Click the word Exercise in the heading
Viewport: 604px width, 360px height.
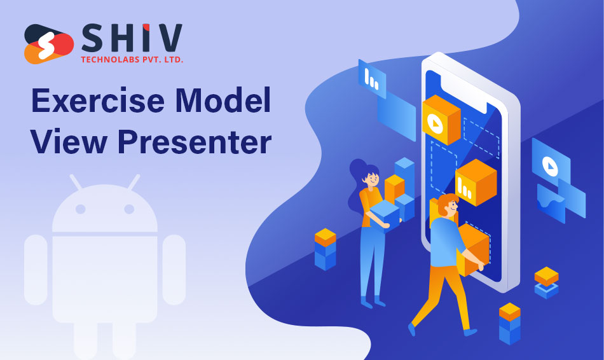point(98,100)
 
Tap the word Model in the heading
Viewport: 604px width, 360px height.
point(223,100)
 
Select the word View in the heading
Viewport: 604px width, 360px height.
point(69,141)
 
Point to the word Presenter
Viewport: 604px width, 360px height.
point(195,142)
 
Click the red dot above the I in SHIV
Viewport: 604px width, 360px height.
point(146,27)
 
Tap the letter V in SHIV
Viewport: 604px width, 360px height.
point(168,38)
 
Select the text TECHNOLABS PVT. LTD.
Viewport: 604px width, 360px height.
point(132,60)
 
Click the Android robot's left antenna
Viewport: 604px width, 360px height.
point(76,183)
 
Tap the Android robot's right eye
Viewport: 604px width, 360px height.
point(129,209)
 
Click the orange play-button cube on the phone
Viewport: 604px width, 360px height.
point(441,120)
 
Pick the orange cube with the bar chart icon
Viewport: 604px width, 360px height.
point(476,183)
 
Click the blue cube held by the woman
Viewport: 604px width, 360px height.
point(385,215)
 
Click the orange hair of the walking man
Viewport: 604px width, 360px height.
point(446,204)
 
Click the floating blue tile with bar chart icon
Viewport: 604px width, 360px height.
point(372,79)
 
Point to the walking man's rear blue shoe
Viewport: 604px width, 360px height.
point(412,329)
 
